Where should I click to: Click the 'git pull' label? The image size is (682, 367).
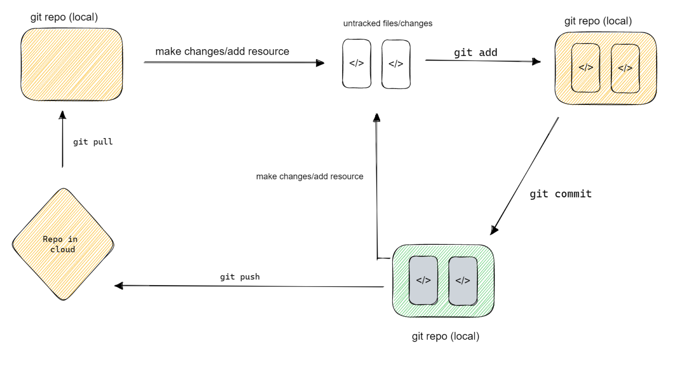click(93, 142)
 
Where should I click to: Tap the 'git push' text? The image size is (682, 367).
click(240, 277)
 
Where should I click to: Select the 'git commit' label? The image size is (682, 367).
click(560, 194)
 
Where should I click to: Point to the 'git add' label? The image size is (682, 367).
click(475, 52)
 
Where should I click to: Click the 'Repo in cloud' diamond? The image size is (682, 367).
click(63, 244)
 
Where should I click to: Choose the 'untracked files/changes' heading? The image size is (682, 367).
click(388, 24)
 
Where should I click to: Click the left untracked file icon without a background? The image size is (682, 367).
click(357, 64)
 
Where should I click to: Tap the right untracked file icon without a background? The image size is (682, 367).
click(396, 64)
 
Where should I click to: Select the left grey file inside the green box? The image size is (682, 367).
click(423, 280)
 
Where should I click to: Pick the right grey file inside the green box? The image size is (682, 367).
click(463, 281)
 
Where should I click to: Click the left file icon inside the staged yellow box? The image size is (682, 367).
click(586, 68)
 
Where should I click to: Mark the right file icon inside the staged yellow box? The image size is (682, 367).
click(625, 68)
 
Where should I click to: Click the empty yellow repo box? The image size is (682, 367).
click(71, 64)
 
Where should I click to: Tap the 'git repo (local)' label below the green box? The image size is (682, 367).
click(445, 336)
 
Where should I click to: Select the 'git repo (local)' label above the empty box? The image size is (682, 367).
click(64, 17)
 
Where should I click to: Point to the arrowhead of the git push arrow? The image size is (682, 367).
click(119, 286)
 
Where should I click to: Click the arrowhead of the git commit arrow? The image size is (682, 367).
click(494, 230)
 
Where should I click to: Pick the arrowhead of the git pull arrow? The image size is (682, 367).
click(63, 115)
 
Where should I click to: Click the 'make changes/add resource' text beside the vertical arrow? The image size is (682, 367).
click(309, 176)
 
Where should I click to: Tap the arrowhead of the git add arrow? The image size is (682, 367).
click(536, 61)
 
